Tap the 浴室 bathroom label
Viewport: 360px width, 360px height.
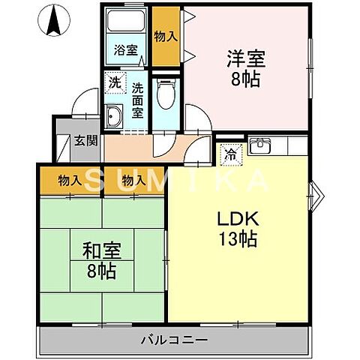[x=126, y=50]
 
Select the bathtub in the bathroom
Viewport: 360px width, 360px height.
[x=127, y=25]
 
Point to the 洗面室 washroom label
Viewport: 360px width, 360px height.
[x=137, y=100]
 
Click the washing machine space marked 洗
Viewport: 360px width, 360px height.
[x=115, y=82]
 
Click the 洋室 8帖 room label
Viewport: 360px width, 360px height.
[x=245, y=68]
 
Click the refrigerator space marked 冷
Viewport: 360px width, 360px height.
[x=229, y=154]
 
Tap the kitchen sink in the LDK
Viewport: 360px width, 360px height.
[x=262, y=145]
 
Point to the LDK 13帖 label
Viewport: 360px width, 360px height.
[x=238, y=229]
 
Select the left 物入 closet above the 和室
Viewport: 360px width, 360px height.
[x=71, y=181]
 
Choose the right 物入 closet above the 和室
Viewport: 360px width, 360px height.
[x=133, y=181]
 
